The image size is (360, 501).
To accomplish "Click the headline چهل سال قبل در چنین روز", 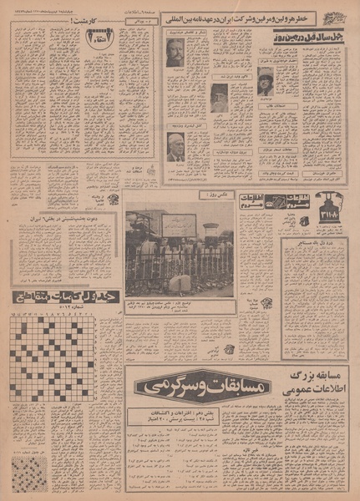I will pyautogui.click(x=307, y=37).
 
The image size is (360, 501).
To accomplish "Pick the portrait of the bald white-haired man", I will pyautogui.click(x=175, y=146).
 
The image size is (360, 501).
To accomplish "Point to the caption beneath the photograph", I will pyautogui.click(x=180, y=306).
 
